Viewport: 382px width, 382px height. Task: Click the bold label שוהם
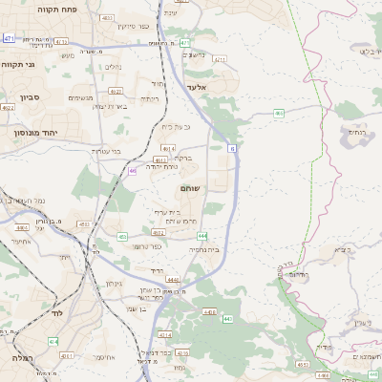tap(189, 189)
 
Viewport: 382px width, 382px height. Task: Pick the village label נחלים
tap(112, 67)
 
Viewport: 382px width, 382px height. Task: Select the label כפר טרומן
tap(141, 245)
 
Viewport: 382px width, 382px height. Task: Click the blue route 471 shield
tap(9, 38)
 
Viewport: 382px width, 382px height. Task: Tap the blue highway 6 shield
tap(232, 148)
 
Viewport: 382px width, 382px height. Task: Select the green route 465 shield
tap(279, 113)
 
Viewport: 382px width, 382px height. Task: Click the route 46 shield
tap(132, 170)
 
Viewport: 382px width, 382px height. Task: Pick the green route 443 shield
tap(227, 318)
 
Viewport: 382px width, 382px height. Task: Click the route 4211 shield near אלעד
tap(220, 59)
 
